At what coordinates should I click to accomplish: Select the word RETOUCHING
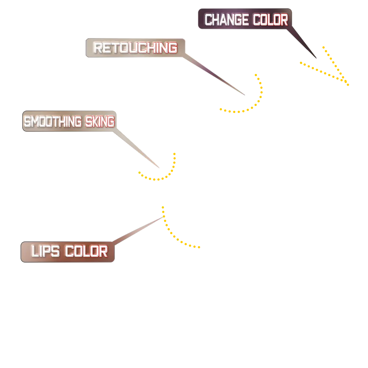(x=135, y=48)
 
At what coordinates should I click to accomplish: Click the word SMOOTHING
(x=53, y=121)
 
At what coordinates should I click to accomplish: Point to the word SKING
(x=100, y=121)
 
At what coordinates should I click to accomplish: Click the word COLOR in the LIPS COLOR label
(x=86, y=252)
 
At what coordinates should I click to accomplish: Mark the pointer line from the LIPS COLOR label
(x=138, y=230)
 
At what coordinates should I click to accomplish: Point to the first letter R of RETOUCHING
(x=98, y=48)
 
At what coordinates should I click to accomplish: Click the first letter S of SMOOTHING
(x=27, y=121)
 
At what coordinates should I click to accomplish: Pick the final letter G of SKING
(x=111, y=121)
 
